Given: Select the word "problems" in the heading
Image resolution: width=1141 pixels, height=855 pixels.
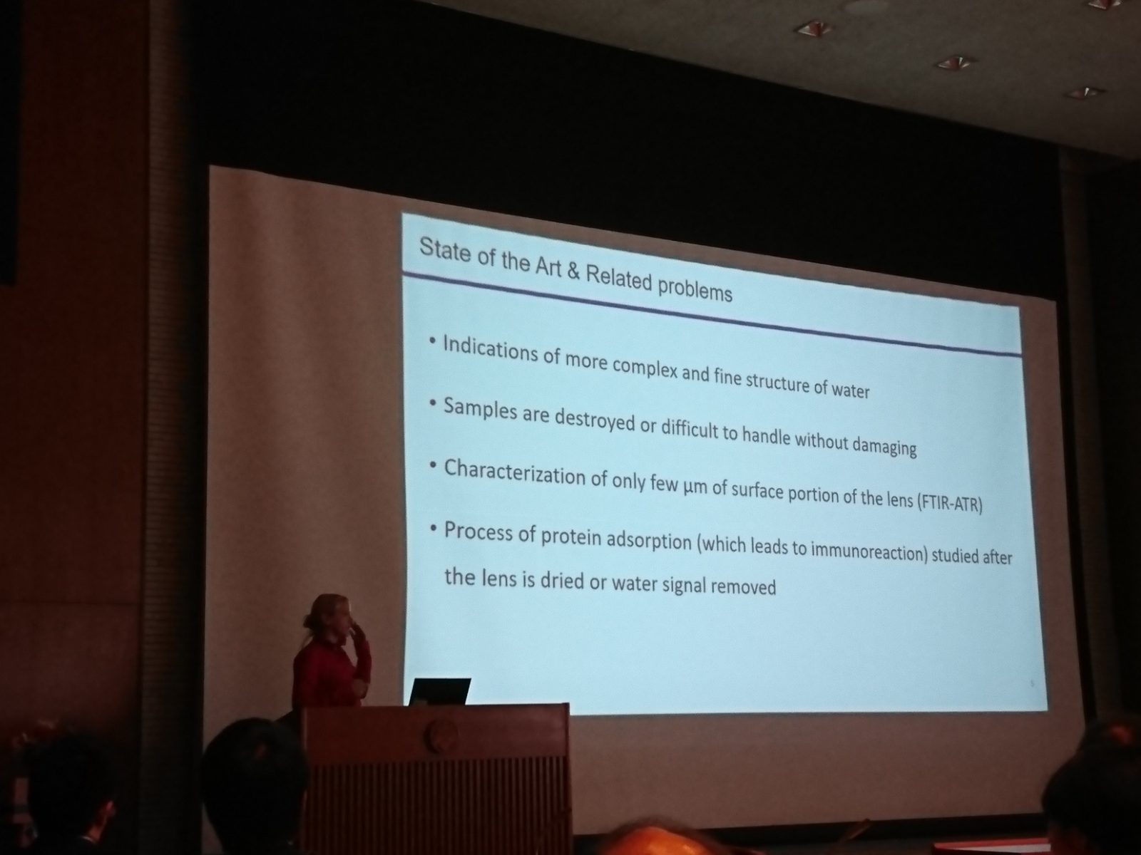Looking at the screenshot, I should tap(694, 287).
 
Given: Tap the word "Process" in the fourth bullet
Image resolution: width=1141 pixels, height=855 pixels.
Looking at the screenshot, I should tap(479, 532).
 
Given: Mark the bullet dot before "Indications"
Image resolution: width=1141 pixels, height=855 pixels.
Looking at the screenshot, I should tap(433, 341).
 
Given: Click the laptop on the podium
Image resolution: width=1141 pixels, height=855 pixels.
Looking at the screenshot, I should tap(439, 691).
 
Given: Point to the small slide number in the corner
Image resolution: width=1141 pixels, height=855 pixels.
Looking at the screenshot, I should tap(1033, 684).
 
